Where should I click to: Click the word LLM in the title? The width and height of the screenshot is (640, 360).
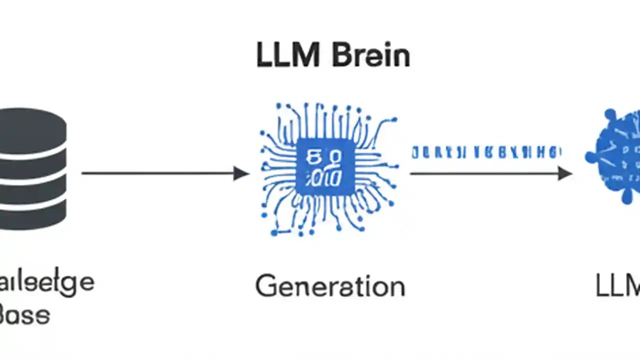pyautogui.click(x=287, y=55)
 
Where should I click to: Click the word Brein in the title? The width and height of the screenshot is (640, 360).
pyautogui.click(x=371, y=55)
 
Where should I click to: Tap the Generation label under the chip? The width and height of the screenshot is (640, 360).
pyautogui.click(x=330, y=287)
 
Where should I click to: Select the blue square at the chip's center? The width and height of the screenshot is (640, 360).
pyautogui.click(x=325, y=167)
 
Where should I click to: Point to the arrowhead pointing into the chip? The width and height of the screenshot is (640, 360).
pyautogui.click(x=241, y=173)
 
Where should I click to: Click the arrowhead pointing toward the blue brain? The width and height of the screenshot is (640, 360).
pyautogui.click(x=564, y=173)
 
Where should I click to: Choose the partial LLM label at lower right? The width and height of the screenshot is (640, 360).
pyautogui.click(x=617, y=286)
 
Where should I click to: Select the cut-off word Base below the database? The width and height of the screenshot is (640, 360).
pyautogui.click(x=25, y=315)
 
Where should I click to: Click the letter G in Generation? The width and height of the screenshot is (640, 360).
pyautogui.click(x=266, y=287)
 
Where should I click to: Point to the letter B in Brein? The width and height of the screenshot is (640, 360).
pyautogui.click(x=342, y=55)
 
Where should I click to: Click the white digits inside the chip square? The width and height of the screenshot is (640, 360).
pyautogui.click(x=325, y=168)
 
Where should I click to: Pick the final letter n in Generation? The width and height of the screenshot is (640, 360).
pyautogui.click(x=396, y=288)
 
